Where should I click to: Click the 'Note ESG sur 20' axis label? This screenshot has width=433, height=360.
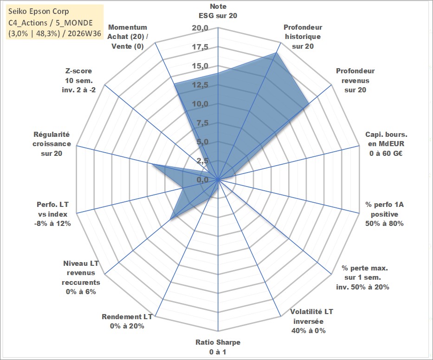[x=218, y=11]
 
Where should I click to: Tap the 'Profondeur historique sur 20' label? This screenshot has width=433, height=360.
[x=303, y=37]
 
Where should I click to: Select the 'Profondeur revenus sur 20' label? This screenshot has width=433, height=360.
[x=355, y=80]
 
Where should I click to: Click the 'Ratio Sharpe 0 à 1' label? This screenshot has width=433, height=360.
[x=218, y=347]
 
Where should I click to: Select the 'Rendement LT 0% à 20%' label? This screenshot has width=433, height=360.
[x=127, y=321]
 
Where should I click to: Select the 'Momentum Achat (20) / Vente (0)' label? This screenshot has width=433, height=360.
[x=128, y=37]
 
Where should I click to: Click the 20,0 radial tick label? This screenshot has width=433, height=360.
[x=200, y=28]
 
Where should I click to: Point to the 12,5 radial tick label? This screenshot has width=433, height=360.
[x=200, y=85]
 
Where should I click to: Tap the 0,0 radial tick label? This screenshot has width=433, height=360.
[x=202, y=180]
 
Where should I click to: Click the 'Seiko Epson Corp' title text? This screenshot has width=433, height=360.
[x=39, y=11]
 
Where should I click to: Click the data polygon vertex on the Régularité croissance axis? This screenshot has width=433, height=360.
[x=152, y=165]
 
